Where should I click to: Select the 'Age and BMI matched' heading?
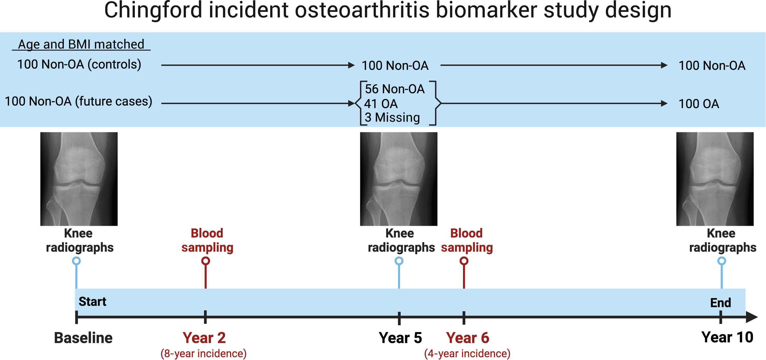81,44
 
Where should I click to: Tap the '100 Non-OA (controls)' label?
79,64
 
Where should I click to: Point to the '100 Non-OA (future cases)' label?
78,101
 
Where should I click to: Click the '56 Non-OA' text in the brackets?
395,89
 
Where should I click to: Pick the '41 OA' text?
381,104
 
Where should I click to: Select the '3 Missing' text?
392,117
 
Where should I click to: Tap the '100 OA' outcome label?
699,104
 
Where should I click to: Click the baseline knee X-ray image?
79,179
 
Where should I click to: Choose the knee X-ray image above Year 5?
398,179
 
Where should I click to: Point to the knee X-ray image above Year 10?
715,179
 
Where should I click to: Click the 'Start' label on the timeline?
93,301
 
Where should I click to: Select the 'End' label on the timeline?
721,303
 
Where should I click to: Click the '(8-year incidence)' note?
204,353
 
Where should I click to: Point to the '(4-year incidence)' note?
467,353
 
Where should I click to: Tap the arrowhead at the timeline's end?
752,317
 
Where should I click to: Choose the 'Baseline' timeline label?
83,338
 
